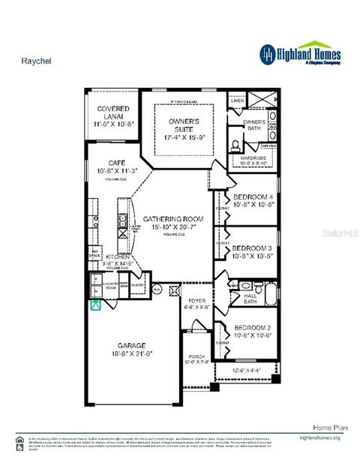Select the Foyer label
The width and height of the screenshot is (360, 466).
point(197,302)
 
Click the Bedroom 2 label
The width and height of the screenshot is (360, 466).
point(252,329)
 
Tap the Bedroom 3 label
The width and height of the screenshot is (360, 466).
point(252,248)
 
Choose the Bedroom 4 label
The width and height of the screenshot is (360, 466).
point(252,198)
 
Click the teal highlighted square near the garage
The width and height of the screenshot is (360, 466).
point(95,305)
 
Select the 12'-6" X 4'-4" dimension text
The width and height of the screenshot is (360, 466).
point(245,370)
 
